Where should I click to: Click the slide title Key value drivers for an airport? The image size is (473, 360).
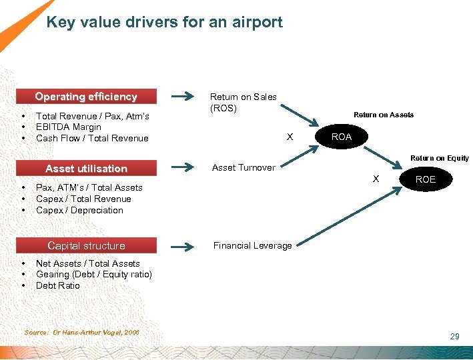pyautogui.click(x=164, y=23)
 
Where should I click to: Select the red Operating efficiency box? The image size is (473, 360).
pyautogui.click(x=86, y=97)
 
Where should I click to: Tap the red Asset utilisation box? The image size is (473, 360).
pyautogui.click(x=86, y=169)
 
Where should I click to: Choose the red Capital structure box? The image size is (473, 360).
pyautogui.click(x=86, y=245)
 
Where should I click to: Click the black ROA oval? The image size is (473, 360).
pyautogui.click(x=342, y=137)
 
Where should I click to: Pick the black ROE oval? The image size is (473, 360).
pyautogui.click(x=425, y=179)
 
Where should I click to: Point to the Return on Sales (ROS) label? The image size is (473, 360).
pyautogui.click(x=243, y=102)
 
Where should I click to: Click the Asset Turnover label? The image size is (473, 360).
pyautogui.click(x=244, y=168)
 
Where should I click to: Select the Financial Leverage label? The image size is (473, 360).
pyautogui.click(x=252, y=245)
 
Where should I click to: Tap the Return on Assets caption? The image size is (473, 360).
pyautogui.click(x=383, y=115)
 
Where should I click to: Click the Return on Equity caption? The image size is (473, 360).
pyautogui.click(x=439, y=158)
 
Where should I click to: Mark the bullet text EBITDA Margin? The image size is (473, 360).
pyautogui.click(x=69, y=127)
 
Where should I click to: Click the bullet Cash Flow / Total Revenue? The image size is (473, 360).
pyautogui.click(x=92, y=139)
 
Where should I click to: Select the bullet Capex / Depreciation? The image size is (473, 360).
pyautogui.click(x=79, y=211)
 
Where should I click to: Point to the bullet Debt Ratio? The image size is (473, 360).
pyautogui.click(x=57, y=286)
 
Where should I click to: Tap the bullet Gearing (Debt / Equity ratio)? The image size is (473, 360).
pyautogui.click(x=93, y=275)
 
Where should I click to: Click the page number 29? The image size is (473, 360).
pyautogui.click(x=454, y=337)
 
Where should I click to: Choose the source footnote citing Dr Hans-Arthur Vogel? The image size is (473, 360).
pyautogui.click(x=81, y=332)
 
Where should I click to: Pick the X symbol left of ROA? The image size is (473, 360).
pyautogui.click(x=290, y=137)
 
